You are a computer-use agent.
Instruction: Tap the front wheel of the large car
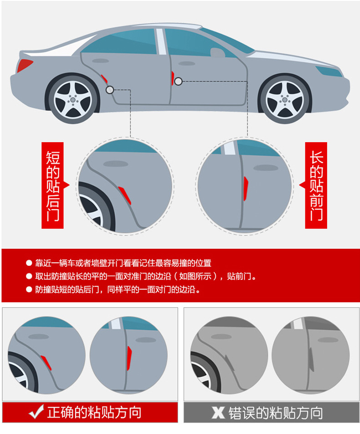tap(283, 99)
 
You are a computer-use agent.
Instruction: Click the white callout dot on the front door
tap(178, 82)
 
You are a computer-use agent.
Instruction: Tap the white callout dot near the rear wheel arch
tap(110, 90)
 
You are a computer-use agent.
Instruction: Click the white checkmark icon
tap(36, 412)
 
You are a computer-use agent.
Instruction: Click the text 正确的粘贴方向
tap(94, 413)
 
